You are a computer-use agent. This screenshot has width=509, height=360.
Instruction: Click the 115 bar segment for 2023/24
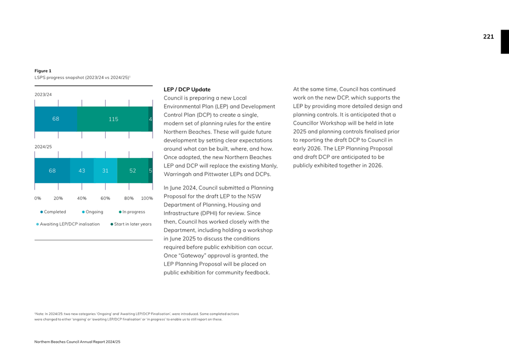tap(113, 119)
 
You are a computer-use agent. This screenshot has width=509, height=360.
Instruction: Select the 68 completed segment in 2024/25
tap(52, 171)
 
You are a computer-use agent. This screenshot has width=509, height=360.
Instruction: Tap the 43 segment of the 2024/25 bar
tap(82, 171)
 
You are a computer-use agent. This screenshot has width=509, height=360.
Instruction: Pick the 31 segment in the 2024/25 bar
tap(105, 171)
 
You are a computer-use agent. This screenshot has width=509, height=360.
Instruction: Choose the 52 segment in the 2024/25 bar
tap(133, 171)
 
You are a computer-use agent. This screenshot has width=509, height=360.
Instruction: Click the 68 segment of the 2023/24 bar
tap(56, 119)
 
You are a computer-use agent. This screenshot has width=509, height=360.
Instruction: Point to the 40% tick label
tap(82, 198)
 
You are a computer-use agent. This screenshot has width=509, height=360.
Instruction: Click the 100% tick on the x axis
tap(147, 198)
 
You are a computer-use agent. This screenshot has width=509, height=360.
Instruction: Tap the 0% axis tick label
tap(38, 198)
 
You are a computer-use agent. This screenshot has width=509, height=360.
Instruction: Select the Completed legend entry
tap(53, 212)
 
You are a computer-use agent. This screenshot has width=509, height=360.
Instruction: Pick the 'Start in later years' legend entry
tap(131, 224)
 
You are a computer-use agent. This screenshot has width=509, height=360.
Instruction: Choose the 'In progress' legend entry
tap(132, 212)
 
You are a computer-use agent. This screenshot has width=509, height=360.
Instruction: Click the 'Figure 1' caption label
tap(43, 71)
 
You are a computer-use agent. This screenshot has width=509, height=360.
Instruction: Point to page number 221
tap(488, 37)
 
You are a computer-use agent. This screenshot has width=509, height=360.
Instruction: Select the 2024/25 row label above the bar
tap(43, 147)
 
